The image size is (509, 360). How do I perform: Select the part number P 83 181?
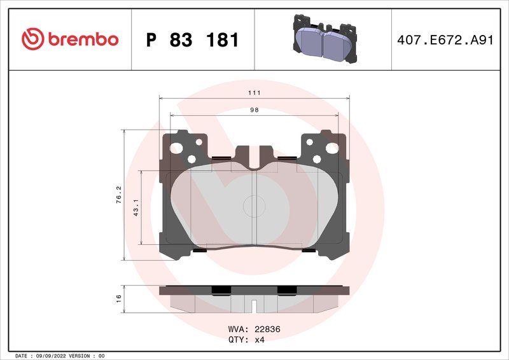(192, 40)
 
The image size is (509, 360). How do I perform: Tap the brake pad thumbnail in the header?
(323, 39)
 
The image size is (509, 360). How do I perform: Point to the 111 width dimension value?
(254, 92)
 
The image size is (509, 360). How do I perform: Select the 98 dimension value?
(254, 109)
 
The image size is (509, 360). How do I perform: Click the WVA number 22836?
(267, 329)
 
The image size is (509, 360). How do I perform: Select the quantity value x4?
(260, 340)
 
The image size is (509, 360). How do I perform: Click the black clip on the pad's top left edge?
(221, 158)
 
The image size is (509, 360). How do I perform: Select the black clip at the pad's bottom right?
(310, 250)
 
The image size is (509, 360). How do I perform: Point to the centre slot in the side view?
(254, 307)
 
